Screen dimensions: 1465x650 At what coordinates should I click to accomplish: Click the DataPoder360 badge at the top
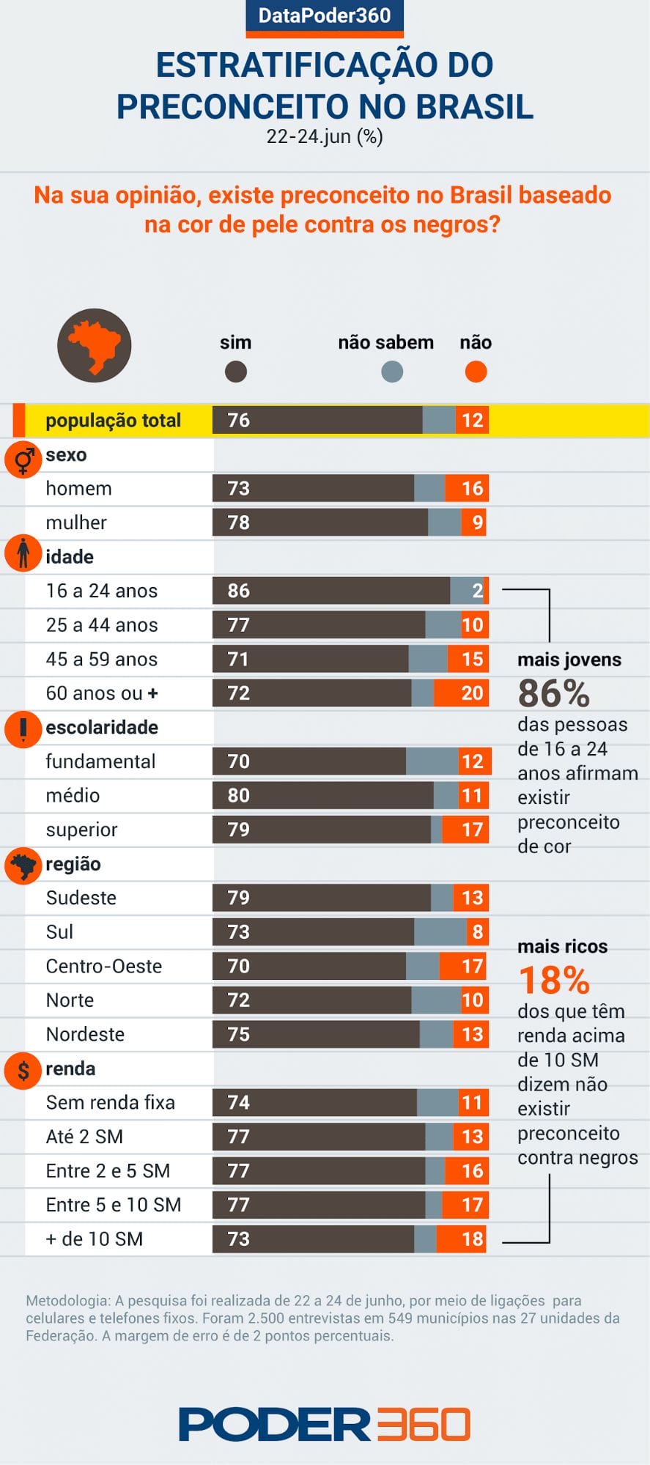(x=325, y=16)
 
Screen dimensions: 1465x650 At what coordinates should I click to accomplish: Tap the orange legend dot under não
(x=476, y=372)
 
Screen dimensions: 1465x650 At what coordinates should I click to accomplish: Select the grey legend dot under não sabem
(x=392, y=372)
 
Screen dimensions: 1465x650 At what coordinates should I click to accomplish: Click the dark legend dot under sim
(x=235, y=372)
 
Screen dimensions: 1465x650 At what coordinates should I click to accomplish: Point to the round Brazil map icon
(x=94, y=345)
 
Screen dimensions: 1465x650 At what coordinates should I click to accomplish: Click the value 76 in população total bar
(x=239, y=421)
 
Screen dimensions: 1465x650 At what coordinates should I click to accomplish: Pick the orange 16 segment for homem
(x=468, y=489)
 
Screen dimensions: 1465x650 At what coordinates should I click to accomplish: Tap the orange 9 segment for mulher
(x=475, y=523)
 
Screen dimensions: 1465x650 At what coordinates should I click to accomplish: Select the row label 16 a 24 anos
(x=102, y=591)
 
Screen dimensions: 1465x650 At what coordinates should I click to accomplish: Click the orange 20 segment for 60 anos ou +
(x=462, y=693)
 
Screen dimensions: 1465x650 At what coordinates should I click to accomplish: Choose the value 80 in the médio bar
(x=239, y=796)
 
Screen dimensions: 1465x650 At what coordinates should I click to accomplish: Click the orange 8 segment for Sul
(x=477, y=932)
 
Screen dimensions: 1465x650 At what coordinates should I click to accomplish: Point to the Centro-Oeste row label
(x=104, y=966)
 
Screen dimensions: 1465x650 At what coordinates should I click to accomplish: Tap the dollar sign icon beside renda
(x=23, y=1070)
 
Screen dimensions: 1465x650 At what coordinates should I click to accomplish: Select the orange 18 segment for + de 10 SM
(x=462, y=1239)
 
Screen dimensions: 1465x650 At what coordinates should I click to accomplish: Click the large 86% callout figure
(x=553, y=693)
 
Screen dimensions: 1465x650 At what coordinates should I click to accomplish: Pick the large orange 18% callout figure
(x=554, y=981)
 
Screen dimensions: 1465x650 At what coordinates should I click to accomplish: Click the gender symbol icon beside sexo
(x=23, y=460)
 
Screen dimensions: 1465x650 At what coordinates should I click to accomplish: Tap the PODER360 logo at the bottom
(x=325, y=1424)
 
